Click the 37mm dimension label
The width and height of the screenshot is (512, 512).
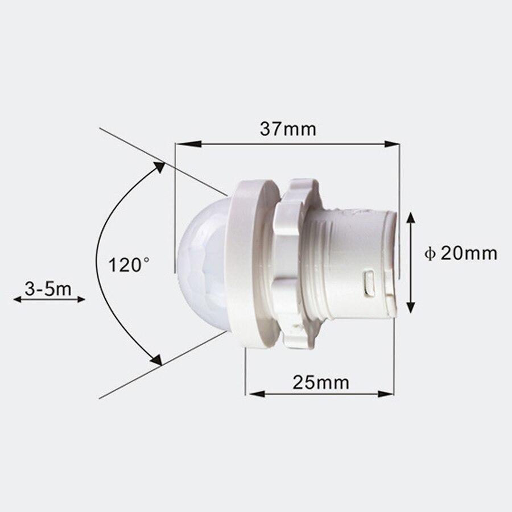pyautogui.click(x=288, y=129)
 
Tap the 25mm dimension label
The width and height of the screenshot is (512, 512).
pyautogui.click(x=321, y=382)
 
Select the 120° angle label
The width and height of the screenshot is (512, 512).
pyautogui.click(x=130, y=265)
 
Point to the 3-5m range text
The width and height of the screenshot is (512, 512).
pyautogui.click(x=48, y=288)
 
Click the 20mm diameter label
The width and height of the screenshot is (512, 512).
pyautogui.click(x=469, y=253)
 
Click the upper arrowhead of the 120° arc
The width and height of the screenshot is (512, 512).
pyautogui.click(x=159, y=167)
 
